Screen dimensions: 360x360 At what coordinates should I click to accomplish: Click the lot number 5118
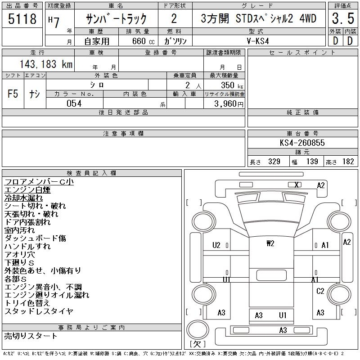pos(22,19)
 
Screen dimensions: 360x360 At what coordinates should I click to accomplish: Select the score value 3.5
pos(342,19)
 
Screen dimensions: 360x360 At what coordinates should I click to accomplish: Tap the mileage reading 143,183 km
pos(45,64)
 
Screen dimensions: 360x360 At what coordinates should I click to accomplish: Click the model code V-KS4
pos(258,40)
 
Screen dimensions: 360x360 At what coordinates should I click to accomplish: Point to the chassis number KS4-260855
pos(302,143)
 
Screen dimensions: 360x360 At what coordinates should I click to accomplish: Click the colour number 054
pos(74,103)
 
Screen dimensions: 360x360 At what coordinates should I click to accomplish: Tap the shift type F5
pos(13,94)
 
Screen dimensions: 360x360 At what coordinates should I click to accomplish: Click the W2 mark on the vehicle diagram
pos(270,243)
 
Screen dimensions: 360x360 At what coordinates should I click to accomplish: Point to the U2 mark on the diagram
pos(216,245)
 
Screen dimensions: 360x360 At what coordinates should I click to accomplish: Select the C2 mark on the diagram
pos(320,291)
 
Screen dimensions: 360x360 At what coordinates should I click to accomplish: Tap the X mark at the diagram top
pos(297,184)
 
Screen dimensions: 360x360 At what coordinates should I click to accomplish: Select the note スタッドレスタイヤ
pos(39,311)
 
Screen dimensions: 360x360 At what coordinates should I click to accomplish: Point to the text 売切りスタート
pos(31,336)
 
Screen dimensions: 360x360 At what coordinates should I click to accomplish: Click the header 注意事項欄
pos(123,134)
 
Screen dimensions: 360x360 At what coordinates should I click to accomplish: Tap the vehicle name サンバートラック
pos(117,19)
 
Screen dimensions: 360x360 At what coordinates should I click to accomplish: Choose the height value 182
pos(348,162)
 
